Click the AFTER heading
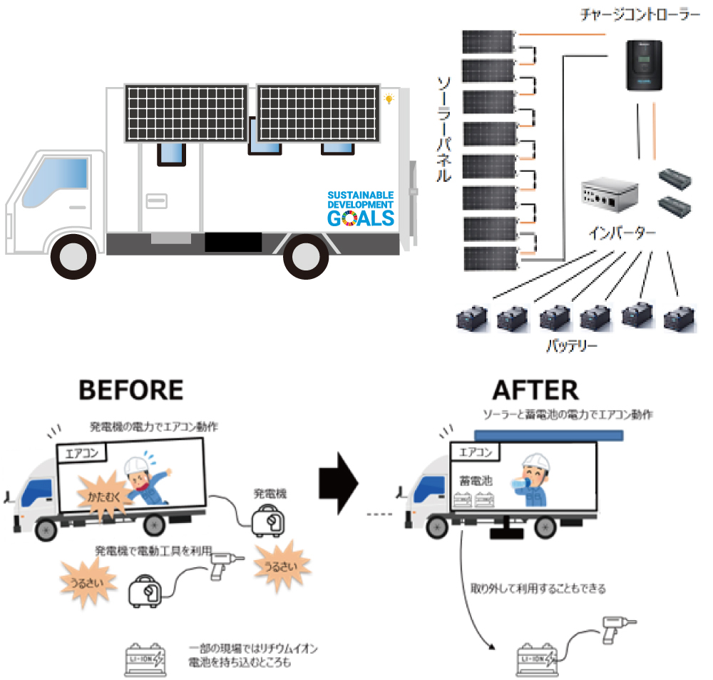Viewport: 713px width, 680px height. click(x=535, y=390)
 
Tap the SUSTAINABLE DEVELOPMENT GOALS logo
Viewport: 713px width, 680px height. click(x=360, y=208)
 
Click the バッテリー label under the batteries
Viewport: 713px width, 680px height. click(x=573, y=347)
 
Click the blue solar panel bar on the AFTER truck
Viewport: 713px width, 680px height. click(x=548, y=435)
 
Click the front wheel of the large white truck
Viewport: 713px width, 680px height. click(x=73, y=255)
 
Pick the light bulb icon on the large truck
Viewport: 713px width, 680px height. click(x=389, y=99)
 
